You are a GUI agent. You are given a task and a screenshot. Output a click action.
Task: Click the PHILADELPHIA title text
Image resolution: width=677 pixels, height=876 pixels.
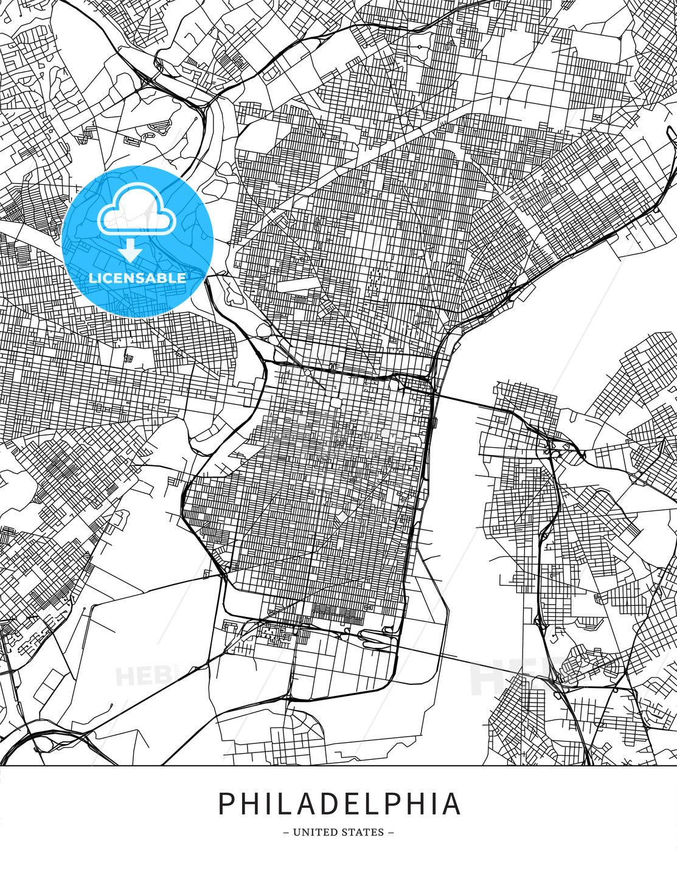click(x=339, y=804)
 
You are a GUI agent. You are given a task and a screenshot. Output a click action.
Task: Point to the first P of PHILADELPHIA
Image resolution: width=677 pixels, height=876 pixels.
click(x=226, y=804)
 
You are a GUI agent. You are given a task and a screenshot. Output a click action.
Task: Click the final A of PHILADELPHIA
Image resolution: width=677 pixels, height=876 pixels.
click(x=451, y=804)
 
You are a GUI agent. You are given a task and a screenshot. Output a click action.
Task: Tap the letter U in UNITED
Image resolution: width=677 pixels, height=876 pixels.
click(x=297, y=832)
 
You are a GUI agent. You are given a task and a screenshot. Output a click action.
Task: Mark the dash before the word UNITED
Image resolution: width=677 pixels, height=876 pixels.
click(x=286, y=832)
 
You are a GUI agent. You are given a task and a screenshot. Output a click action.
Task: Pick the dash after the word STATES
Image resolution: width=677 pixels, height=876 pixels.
click(x=391, y=832)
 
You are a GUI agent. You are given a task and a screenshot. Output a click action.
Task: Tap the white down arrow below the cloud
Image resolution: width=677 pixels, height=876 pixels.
click(x=130, y=249)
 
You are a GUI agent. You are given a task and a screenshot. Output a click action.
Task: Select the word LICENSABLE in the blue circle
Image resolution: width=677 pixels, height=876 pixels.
click(x=137, y=278)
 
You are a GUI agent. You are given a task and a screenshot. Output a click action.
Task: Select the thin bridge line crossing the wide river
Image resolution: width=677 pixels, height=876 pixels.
click(x=462, y=661)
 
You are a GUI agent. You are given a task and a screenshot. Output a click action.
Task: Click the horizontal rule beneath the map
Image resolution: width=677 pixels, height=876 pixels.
click(x=338, y=765)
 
